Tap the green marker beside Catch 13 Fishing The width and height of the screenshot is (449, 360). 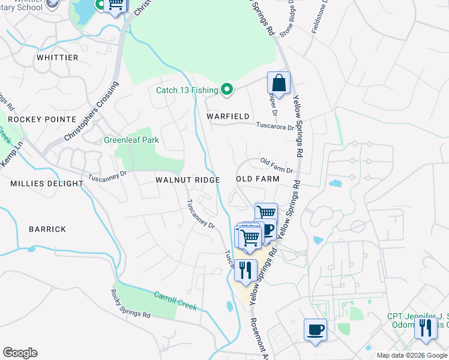(x=226, y=90)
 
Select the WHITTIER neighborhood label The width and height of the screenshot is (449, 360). (x=58, y=58)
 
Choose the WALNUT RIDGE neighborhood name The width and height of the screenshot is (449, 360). (x=187, y=180)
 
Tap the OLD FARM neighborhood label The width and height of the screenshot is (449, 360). (x=258, y=179)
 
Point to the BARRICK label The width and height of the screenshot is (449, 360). (x=47, y=229)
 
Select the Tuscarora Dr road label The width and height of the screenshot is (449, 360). (x=276, y=127)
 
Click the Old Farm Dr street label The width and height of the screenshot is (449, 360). (x=277, y=166)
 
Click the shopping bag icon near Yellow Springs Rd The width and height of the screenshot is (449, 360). (x=279, y=83)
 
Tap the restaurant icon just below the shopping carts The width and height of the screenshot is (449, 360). (x=246, y=270)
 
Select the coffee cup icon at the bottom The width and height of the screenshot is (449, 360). (x=316, y=329)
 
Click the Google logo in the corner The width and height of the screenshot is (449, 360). (x=20, y=353)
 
